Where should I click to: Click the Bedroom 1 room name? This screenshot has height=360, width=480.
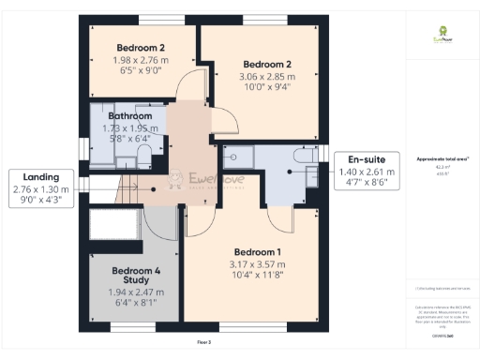(256, 253)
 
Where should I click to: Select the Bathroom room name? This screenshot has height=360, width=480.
(129, 116)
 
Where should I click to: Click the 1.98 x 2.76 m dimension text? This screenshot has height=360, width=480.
(141, 59)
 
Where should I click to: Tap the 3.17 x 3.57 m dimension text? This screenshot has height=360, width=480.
(256, 264)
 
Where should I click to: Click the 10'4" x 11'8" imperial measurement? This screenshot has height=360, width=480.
(256, 276)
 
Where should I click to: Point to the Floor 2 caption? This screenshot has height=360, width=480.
(203, 343)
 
